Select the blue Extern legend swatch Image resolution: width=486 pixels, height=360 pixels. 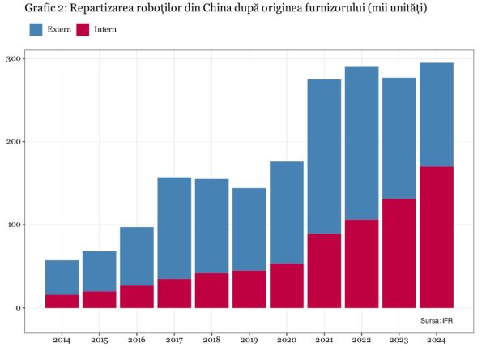(36, 29)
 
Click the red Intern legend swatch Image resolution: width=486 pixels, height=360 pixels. (83, 29)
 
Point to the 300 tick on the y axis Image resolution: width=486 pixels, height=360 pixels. (15, 58)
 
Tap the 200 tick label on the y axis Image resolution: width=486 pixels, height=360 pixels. (15, 142)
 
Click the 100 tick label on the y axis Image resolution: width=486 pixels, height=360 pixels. (15, 225)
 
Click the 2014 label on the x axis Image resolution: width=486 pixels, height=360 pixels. (62, 339)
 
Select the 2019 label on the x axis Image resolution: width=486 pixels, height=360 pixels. (249, 339)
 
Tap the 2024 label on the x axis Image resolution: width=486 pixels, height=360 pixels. (437, 339)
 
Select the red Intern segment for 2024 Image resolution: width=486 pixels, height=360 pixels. (437, 237)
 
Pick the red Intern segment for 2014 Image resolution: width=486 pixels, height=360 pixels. (62, 301)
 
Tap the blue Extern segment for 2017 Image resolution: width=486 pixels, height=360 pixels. (174, 228)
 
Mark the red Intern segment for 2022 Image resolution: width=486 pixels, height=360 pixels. (361, 264)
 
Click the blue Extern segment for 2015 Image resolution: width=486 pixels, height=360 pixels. (99, 271)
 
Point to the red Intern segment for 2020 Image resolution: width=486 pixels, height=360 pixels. (287, 285)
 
